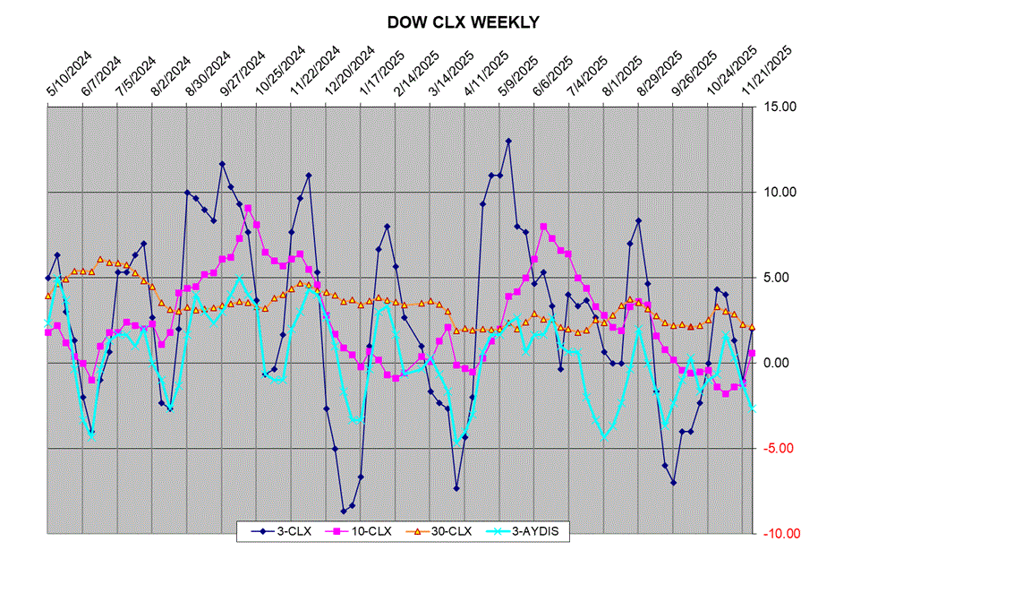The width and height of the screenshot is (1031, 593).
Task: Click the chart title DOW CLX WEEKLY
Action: point(463,22)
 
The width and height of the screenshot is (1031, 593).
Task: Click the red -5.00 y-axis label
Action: point(779,448)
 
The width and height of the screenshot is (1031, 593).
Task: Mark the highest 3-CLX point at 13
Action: point(508,141)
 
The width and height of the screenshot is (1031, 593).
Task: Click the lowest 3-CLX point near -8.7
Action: point(344,511)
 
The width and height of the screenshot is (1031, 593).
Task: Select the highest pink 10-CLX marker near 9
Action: point(248,208)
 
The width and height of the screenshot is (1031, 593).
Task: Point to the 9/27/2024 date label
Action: point(236,76)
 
